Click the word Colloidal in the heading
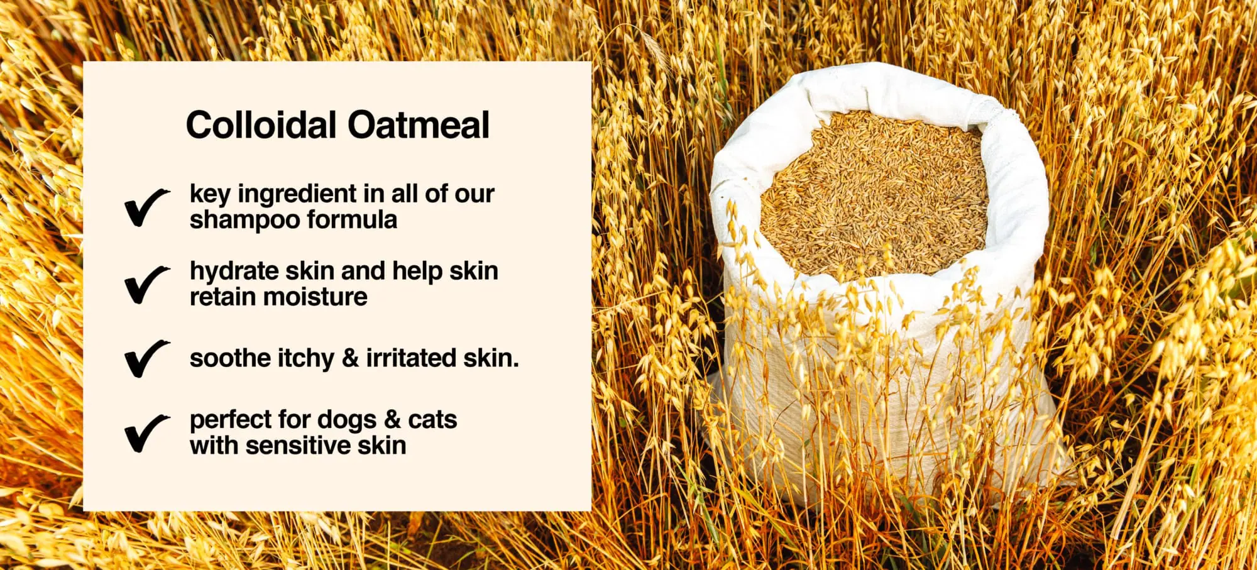click(x=261, y=124)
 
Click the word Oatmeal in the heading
click(x=419, y=124)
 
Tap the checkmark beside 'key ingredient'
click(x=146, y=207)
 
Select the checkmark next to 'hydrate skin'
click(x=146, y=284)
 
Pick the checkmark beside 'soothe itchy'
click(x=146, y=358)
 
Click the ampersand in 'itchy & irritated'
click(x=350, y=358)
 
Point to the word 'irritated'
click(x=411, y=358)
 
